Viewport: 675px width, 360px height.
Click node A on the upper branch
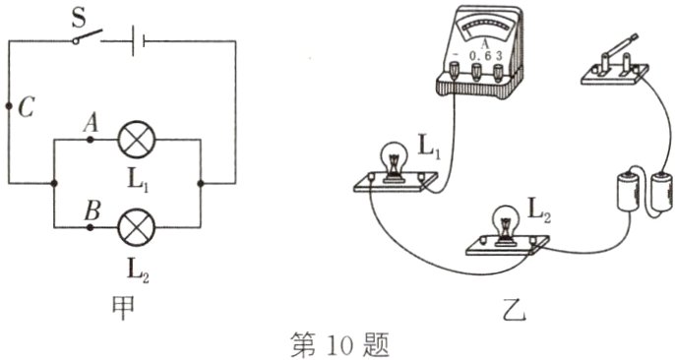pyautogui.click(x=92, y=141)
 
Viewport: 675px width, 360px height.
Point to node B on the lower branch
pyautogui.click(x=92, y=228)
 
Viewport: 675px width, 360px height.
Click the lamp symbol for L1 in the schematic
pyautogui.click(x=134, y=141)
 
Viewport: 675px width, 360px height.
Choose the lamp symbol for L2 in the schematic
pyautogui.click(x=134, y=228)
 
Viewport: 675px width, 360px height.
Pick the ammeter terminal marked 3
pyautogui.click(x=499, y=71)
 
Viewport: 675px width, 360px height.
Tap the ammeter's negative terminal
pyautogui.click(x=456, y=71)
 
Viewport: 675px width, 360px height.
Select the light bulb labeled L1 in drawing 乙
pyautogui.click(x=394, y=159)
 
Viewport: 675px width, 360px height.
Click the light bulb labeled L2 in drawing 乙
pyautogui.click(x=506, y=223)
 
